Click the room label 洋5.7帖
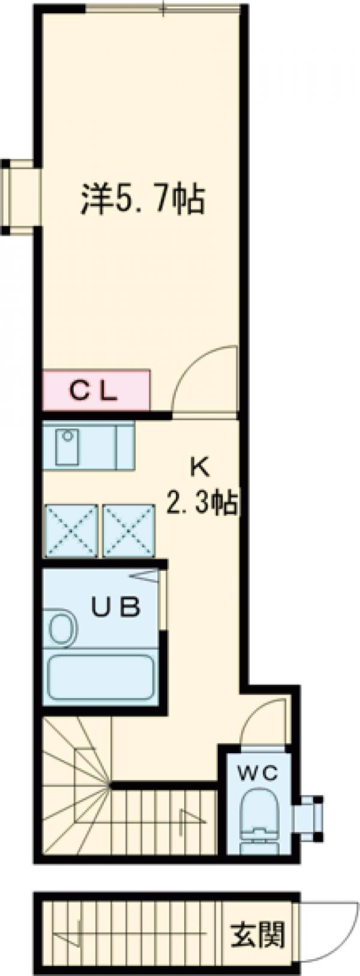143,200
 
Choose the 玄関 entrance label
257,934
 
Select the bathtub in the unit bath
101,677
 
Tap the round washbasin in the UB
61,628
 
